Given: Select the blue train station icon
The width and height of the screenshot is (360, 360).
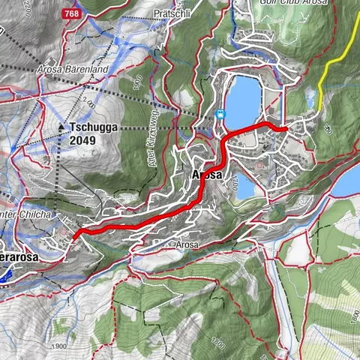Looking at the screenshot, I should [219, 114].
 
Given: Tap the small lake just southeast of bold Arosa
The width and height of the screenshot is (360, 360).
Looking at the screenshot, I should [246, 187].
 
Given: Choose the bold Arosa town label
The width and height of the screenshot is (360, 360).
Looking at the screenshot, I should [207, 174].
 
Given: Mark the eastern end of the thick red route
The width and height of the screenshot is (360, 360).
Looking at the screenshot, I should [285, 130].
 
